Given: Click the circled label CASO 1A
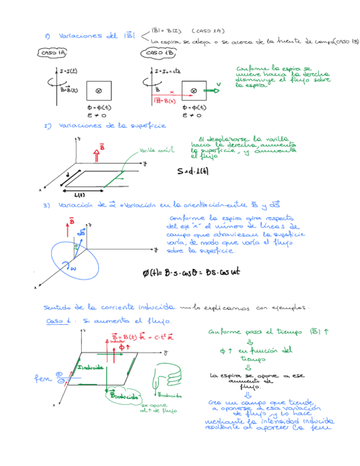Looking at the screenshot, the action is click(x=53, y=53).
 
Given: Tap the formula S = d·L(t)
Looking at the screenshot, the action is click(x=193, y=171).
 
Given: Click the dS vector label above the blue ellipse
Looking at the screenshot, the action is click(x=82, y=231).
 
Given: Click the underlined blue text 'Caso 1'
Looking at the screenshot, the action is click(x=55, y=320).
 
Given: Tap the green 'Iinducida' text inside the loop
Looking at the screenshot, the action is click(x=89, y=367).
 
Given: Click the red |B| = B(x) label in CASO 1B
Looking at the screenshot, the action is click(x=160, y=101).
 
